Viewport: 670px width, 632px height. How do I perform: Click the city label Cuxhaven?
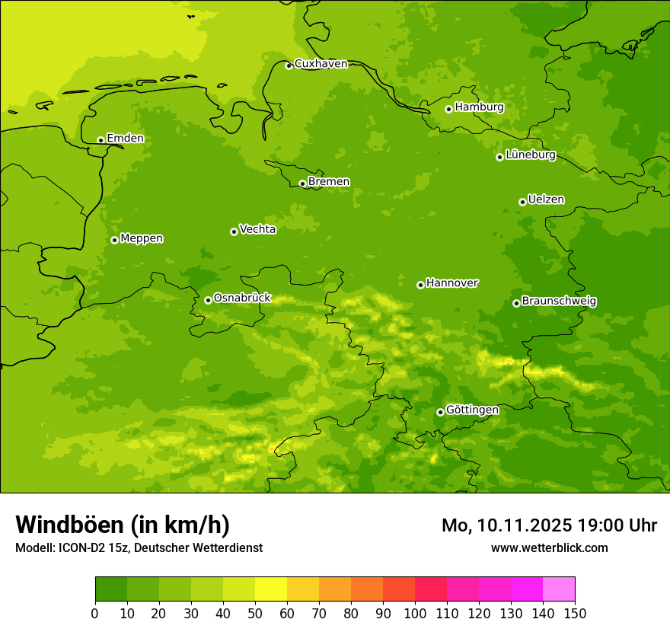tap(321, 64)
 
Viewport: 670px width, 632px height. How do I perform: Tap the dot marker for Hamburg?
tap(449, 109)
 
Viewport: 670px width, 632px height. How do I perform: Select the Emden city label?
tap(125, 139)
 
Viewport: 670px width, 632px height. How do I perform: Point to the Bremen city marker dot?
tap(302, 184)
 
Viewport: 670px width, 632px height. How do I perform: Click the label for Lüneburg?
tap(531, 155)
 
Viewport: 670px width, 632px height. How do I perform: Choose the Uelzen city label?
tap(546, 199)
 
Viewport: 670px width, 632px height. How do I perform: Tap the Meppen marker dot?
tap(114, 240)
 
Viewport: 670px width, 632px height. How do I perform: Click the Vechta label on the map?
tap(257, 229)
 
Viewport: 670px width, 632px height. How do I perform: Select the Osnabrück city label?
tap(242, 298)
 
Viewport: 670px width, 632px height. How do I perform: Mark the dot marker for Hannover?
tap(420, 285)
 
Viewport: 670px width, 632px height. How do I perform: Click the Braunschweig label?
tap(559, 302)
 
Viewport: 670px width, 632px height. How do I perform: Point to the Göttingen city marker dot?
tap(440, 412)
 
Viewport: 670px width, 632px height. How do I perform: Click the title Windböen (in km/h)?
tap(123, 525)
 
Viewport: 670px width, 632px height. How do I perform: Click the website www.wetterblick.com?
tap(549, 548)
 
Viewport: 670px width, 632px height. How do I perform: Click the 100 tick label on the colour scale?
tap(415, 613)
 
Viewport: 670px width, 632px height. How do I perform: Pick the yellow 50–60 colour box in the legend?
tap(271, 589)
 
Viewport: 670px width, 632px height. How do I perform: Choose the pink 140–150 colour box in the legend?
tap(559, 589)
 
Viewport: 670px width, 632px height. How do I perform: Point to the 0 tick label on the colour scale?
tap(95, 613)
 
